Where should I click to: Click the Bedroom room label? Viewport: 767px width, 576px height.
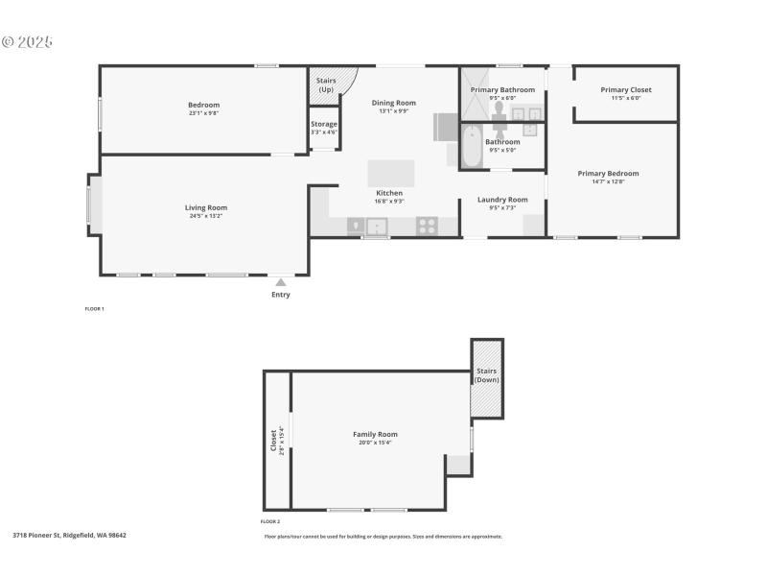pos(203,105)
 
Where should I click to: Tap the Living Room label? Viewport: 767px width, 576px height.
pos(205,207)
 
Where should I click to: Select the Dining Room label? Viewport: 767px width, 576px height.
pos(393,103)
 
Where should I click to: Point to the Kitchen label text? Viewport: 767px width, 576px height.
pos(388,193)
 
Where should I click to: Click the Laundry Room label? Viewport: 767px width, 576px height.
pos(502,200)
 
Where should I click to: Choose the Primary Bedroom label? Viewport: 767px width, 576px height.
pos(608,174)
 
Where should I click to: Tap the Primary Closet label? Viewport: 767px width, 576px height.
pos(626,90)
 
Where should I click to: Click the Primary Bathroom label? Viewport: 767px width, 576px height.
pos(502,89)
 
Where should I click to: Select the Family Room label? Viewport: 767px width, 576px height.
pos(375,435)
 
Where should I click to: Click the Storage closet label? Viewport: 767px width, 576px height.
pos(324,124)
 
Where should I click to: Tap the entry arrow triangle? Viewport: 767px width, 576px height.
pos(280,282)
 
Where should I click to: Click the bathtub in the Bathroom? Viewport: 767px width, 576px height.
pos(471,149)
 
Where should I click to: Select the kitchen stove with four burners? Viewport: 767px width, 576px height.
pos(427,227)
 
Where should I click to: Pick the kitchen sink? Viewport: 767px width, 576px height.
pos(378,227)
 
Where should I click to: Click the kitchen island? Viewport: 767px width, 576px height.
pos(391,174)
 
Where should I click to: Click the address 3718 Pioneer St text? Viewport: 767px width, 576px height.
pos(69,535)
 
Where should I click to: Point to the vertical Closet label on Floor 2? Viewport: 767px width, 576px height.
pos(274,440)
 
